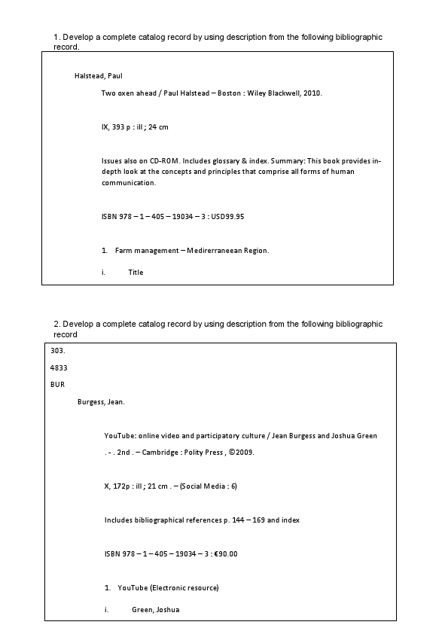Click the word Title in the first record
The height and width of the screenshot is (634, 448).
coord(136,273)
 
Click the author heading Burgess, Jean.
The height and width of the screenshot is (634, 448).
coord(101,401)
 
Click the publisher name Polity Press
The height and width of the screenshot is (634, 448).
coord(213,454)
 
